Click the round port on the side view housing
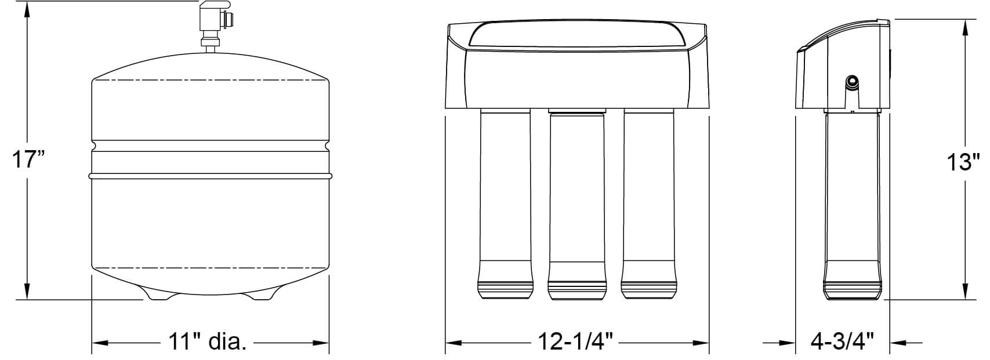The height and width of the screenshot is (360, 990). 852,82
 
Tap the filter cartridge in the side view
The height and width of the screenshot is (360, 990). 852,203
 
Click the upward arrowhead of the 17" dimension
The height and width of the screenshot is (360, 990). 27,12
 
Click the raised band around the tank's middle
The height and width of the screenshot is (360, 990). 210,174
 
